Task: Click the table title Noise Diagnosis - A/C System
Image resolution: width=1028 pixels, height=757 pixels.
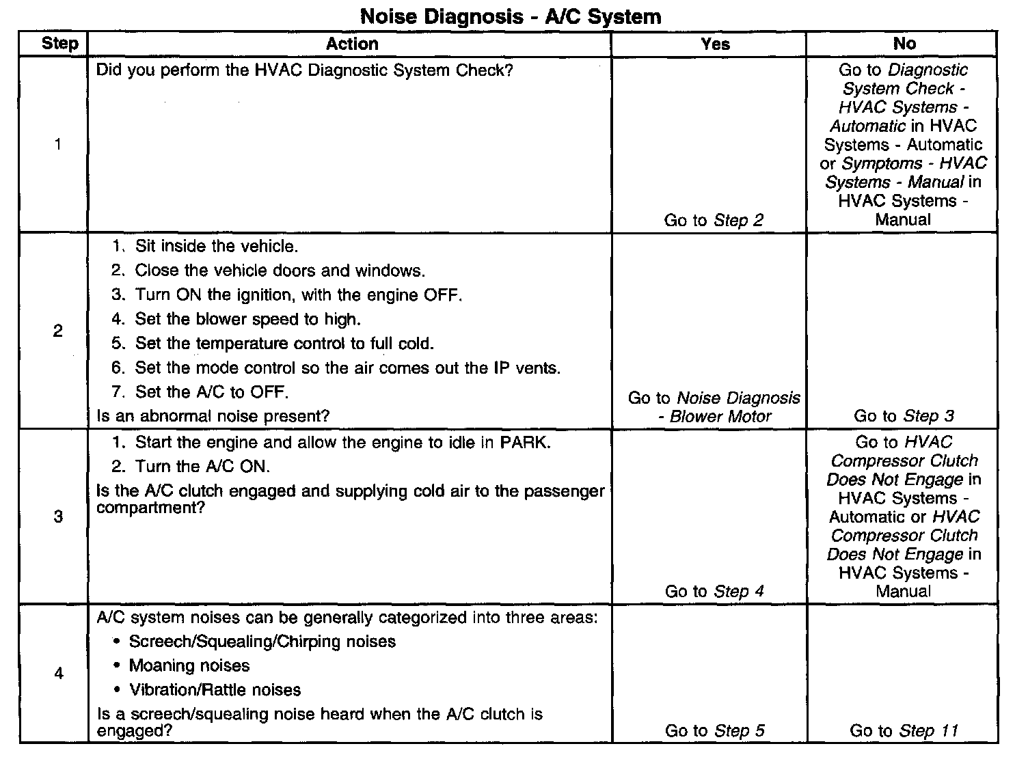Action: point(511,16)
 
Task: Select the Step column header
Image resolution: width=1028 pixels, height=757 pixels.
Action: point(59,44)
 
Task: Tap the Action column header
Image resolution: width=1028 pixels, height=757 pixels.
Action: point(351,44)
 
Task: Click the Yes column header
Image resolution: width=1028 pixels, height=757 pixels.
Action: point(715,44)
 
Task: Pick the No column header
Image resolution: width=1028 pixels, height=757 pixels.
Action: point(904,44)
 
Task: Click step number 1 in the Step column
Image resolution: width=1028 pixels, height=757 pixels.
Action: point(58,144)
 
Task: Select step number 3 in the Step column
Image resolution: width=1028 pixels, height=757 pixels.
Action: point(58,517)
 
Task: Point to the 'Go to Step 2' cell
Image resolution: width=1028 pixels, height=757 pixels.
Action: point(714,220)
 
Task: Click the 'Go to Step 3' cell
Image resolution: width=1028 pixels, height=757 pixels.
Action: point(904,416)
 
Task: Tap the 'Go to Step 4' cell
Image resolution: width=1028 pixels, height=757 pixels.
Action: point(714,592)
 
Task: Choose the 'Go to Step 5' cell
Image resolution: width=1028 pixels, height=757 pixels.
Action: point(714,731)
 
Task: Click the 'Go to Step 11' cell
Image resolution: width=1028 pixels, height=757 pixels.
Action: point(904,731)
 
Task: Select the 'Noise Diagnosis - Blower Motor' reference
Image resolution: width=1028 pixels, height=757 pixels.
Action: point(714,407)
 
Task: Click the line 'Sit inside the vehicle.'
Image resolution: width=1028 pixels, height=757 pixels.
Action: point(216,246)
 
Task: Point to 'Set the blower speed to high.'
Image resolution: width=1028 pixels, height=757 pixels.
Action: point(247,319)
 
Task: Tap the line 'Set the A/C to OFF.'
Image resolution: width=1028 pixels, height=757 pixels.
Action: point(211,392)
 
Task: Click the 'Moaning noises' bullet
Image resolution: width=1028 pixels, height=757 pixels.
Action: point(189,665)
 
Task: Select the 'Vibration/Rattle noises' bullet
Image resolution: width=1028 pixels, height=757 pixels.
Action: point(215,690)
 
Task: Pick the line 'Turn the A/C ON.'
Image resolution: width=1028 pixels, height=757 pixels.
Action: point(202,467)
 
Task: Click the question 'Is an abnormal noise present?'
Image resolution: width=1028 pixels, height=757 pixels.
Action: point(213,416)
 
